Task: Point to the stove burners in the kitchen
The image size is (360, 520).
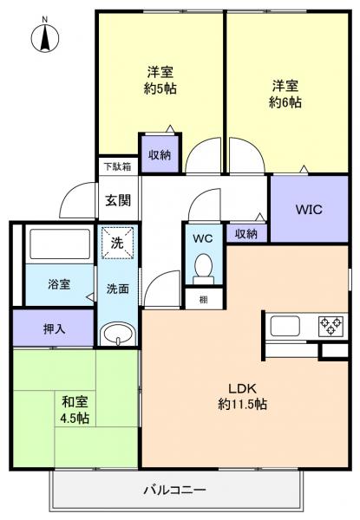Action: (330, 327)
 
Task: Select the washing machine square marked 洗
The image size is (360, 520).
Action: (116, 244)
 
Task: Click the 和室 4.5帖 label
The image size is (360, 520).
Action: (73, 407)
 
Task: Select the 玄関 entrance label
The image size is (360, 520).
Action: (118, 200)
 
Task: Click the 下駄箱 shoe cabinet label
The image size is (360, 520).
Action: (118, 166)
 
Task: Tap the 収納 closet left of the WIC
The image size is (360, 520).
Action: (246, 232)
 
